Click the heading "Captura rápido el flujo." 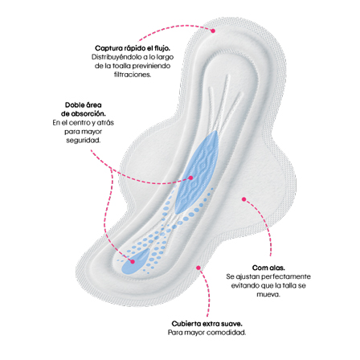point(133,48)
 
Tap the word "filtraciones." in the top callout point(133,75)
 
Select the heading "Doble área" point(84,104)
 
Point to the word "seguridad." point(84,140)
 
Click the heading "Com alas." point(268,268)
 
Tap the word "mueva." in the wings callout point(268,294)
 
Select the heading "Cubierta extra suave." point(207,324)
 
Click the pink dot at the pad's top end point(213,31)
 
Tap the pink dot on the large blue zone point(190,178)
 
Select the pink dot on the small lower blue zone point(133,262)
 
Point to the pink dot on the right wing point(243,199)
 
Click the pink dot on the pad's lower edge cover point(198,268)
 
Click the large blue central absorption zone point(197,171)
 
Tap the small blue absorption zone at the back point(135,262)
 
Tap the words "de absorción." point(84,113)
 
